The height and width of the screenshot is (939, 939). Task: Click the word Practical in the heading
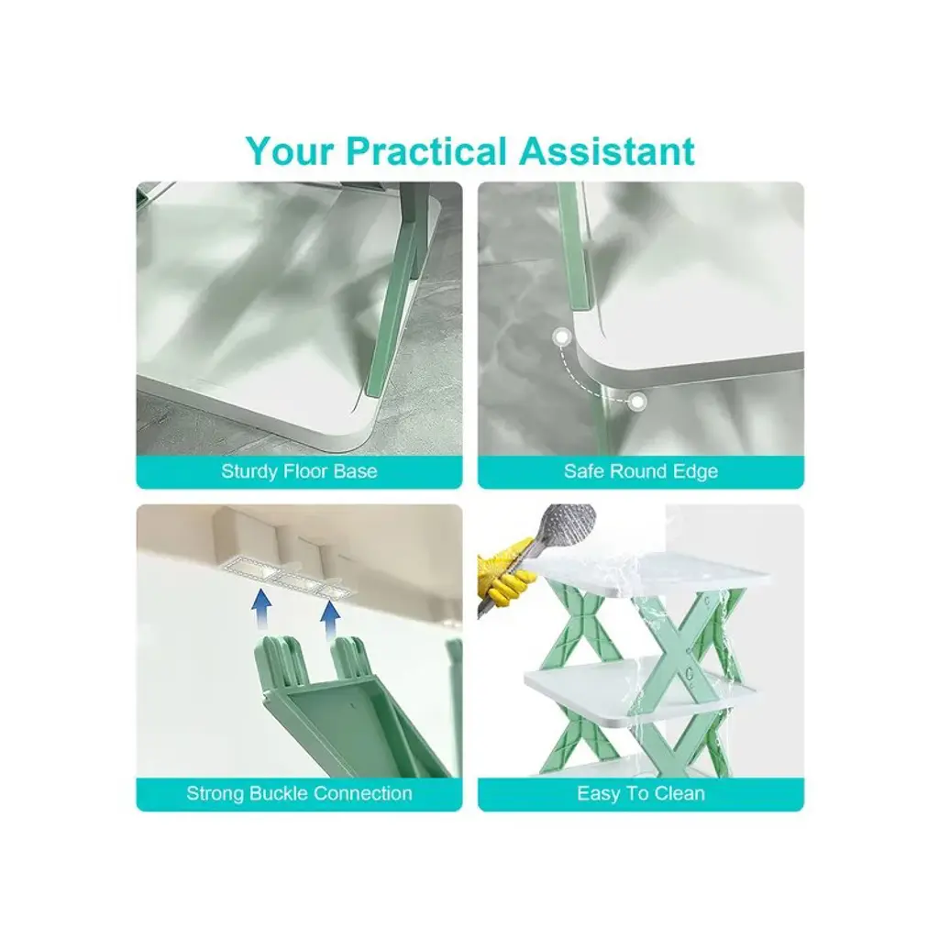coord(425,150)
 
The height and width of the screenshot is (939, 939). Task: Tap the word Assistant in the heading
coord(607,150)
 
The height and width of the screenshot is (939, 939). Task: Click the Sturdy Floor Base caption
coord(300,471)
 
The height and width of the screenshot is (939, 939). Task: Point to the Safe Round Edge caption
coord(641,471)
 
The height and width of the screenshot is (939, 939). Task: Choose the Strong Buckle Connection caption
coord(300,793)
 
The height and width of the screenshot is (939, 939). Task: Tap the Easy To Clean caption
coord(641,793)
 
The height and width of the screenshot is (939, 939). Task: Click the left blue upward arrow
coord(261,609)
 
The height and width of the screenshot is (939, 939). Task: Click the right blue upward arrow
coord(330,621)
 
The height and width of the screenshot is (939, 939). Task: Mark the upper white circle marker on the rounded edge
coord(562,337)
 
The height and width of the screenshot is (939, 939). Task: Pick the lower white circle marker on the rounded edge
coord(638,402)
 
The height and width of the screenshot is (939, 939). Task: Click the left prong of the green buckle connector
coord(279,662)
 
